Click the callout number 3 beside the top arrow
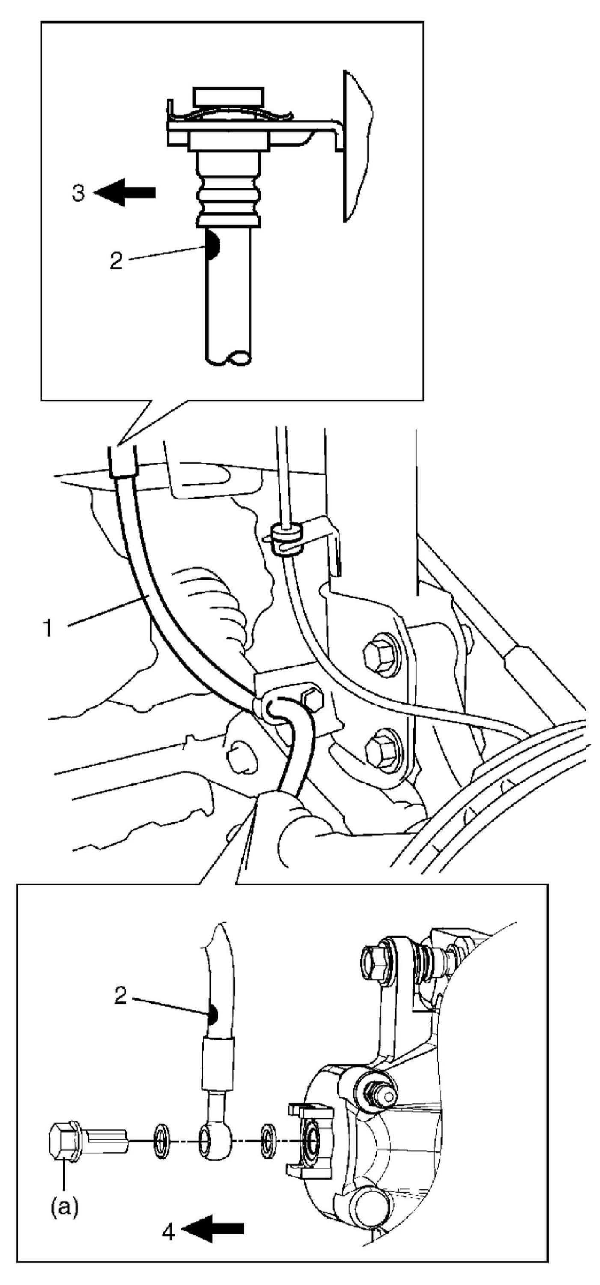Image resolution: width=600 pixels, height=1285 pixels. [x=79, y=193]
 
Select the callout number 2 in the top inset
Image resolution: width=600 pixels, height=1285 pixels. [x=116, y=261]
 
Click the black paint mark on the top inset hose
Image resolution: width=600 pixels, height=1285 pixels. [x=211, y=245]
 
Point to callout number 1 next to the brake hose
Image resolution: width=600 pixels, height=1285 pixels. [x=48, y=628]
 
